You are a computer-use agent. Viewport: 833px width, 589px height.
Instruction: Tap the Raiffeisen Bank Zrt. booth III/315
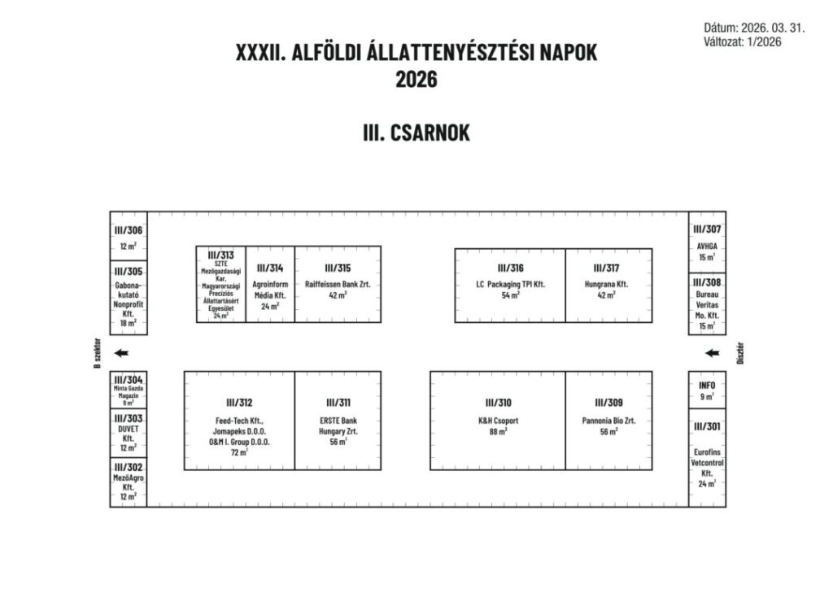[338, 284]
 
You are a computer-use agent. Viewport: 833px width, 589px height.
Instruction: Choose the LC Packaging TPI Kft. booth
[509, 284]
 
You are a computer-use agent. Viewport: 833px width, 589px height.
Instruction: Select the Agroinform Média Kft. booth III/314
[270, 284]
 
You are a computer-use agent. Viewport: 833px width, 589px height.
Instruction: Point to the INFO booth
[706, 390]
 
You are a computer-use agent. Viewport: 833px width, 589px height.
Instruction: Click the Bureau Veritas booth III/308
[706, 303]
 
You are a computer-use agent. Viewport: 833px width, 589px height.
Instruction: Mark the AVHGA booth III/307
[706, 242]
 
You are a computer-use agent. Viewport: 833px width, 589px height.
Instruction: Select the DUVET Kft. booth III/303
[129, 432]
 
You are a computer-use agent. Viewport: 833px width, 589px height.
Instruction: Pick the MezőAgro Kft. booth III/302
[129, 481]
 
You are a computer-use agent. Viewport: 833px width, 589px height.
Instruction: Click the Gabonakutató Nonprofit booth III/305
[129, 296]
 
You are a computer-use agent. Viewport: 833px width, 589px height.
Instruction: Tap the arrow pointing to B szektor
[121, 353]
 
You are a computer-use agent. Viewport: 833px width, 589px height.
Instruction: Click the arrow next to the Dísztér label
[712, 353]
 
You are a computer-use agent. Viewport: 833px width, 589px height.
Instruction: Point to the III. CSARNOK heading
[416, 133]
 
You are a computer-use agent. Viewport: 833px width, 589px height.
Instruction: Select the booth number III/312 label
[239, 403]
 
